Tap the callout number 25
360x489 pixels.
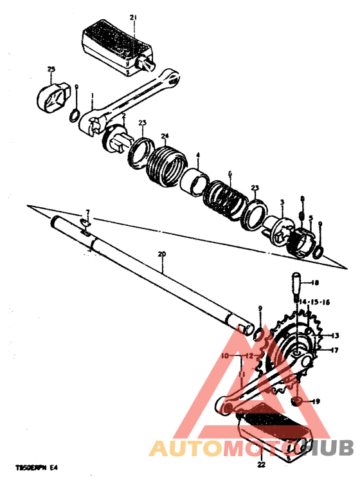click(x=51, y=68)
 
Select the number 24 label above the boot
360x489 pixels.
click(x=165, y=136)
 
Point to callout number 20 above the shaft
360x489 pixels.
click(x=161, y=254)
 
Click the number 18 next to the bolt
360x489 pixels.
click(x=314, y=283)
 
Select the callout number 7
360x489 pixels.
click(x=88, y=212)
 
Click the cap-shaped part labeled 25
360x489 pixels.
click(x=52, y=95)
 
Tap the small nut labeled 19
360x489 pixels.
click(x=297, y=401)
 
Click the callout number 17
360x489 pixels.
click(x=334, y=351)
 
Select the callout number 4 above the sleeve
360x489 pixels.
click(x=198, y=156)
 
